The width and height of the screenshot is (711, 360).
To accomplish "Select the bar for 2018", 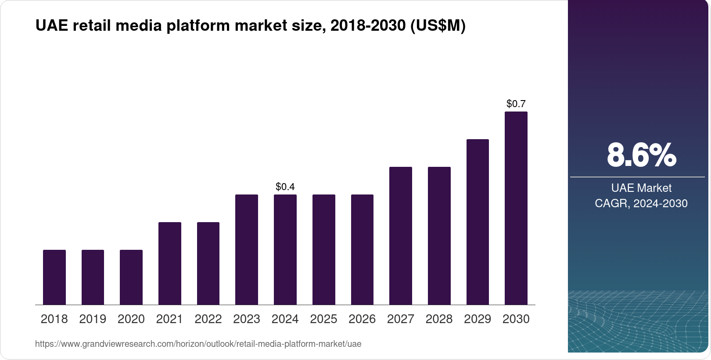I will coord(54,277).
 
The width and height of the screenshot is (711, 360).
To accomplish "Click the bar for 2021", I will coord(170,263).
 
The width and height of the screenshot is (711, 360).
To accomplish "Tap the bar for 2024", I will coord(285,249).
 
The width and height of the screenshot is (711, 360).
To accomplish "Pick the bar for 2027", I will coord(401,236).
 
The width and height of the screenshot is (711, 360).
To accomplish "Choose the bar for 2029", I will coord(478,222).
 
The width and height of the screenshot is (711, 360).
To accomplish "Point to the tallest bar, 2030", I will coord(516,208).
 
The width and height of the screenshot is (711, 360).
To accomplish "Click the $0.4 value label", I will coord(285,187).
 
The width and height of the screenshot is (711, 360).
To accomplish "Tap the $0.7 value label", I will coord(516,104).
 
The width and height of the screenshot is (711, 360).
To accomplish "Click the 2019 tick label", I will coord(93,319).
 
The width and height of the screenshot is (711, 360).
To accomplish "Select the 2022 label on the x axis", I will coord(208,319).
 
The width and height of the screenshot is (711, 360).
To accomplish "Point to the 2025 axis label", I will coord(323,319).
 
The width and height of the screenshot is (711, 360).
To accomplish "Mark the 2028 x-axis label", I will coord(439,319).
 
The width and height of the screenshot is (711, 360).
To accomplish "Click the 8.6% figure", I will coord(641,155).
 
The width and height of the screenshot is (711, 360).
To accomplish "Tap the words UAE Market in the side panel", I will coord(641,188).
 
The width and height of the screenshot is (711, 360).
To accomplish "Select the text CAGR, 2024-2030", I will coord(641,203).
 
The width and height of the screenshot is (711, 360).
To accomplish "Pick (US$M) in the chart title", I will coord(438,26).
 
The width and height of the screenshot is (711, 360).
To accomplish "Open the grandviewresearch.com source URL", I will coord(198,344).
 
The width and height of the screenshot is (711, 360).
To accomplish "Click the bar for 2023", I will coord(247,249).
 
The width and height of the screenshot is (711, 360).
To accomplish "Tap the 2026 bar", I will coord(362,249).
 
